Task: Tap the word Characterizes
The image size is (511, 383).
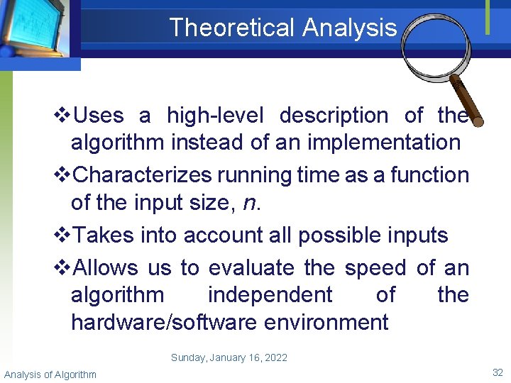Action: point(143,174)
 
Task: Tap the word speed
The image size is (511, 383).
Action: point(375,268)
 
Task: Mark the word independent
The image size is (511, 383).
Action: point(270,295)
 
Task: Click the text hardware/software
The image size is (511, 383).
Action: point(164,322)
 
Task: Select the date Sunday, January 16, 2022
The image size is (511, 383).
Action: point(229,357)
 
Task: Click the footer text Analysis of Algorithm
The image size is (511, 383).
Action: point(50,374)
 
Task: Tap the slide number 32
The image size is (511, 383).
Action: point(497,372)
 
